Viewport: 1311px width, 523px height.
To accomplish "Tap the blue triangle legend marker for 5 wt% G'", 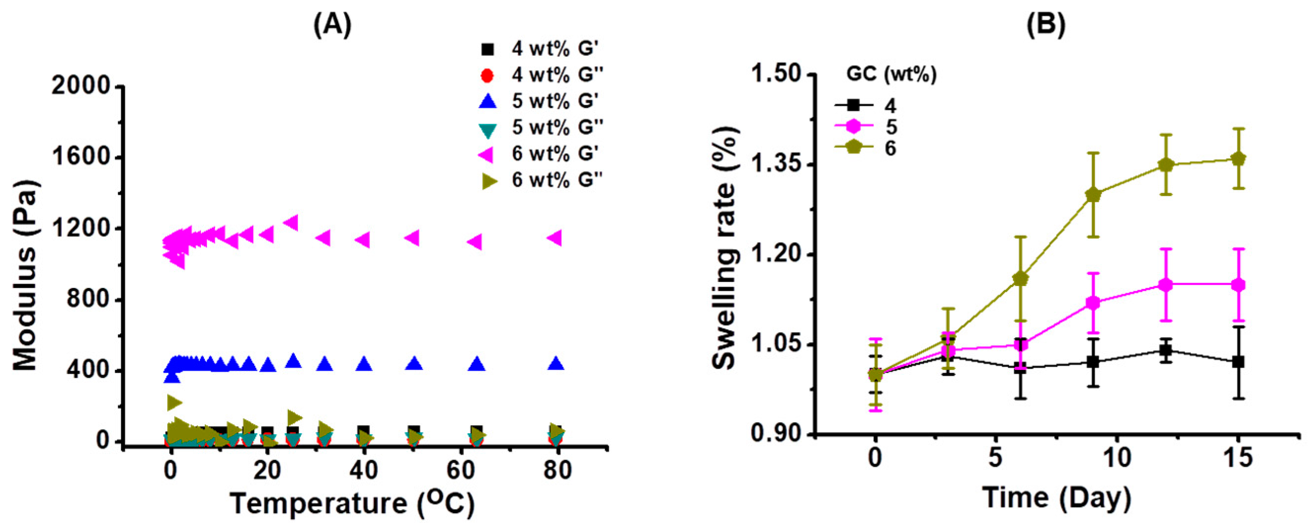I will pyautogui.click(x=488, y=101).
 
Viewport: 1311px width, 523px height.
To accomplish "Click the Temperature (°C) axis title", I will pyautogui.click(x=352, y=503).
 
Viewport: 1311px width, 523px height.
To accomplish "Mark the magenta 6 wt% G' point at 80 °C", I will pyautogui.click(x=556, y=238).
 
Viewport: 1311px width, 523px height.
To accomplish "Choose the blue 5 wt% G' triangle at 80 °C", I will pyautogui.click(x=557, y=363).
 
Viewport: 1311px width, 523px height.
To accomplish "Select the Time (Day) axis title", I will pyautogui.click(x=1057, y=497).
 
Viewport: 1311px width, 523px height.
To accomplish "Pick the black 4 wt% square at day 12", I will pyautogui.click(x=1165, y=350).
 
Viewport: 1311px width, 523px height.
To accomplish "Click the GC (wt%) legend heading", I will pyautogui.click(x=891, y=75).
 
